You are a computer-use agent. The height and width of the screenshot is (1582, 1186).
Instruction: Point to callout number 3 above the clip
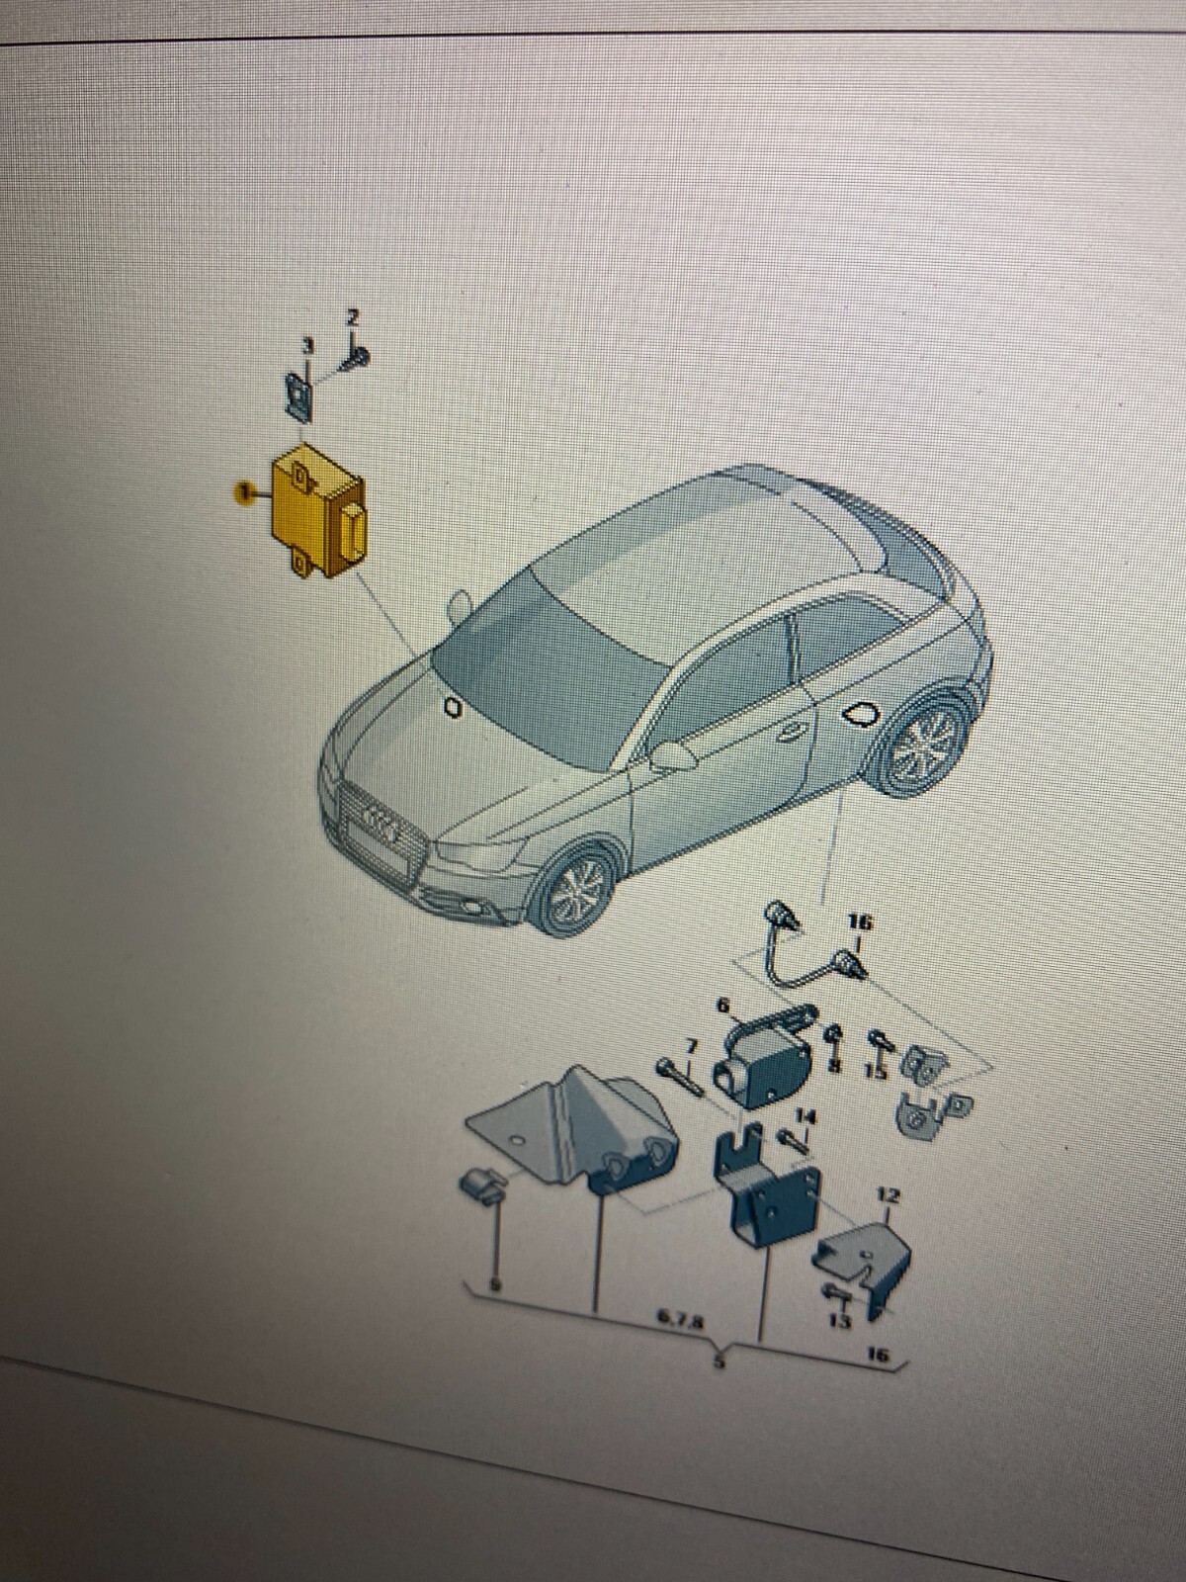pyautogui.click(x=307, y=347)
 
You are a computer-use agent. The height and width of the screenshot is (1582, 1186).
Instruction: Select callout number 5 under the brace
pyautogui.click(x=720, y=1362)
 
